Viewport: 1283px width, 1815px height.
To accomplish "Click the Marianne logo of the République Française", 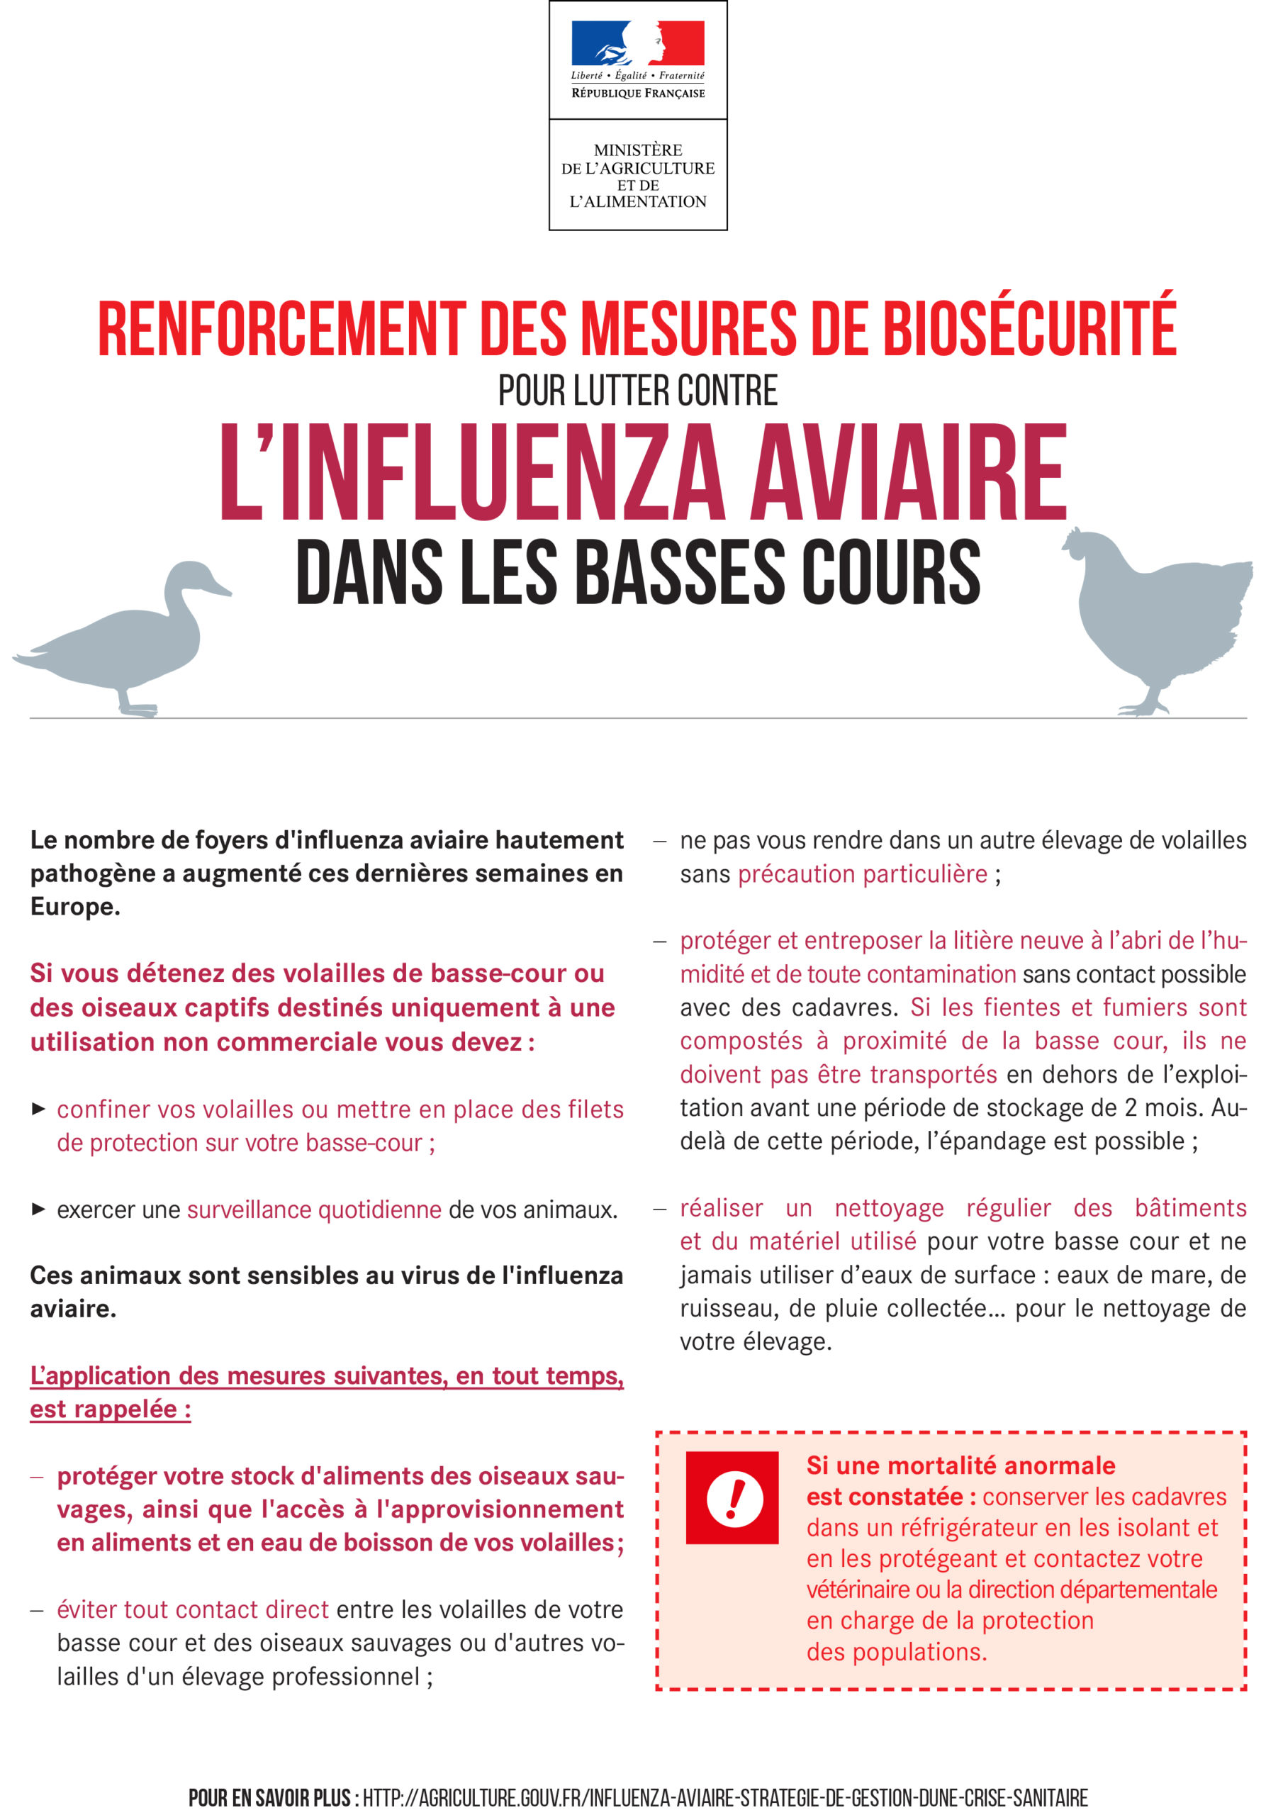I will pyautogui.click(x=637, y=43).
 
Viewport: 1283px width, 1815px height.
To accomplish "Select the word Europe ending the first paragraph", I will pyautogui.click(x=74, y=907).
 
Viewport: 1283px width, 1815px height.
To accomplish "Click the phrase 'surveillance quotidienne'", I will pyautogui.click(x=314, y=1210).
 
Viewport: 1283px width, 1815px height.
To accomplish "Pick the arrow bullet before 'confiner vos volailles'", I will pyautogui.click(x=38, y=1109).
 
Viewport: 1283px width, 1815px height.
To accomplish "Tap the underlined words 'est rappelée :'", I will pyautogui.click(x=110, y=1409).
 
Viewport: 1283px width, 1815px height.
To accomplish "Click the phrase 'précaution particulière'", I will pyautogui.click(x=863, y=874).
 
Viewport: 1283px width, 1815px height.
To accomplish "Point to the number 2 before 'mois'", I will pyautogui.click(x=1131, y=1107).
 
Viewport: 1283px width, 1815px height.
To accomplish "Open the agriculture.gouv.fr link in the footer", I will pyautogui.click(x=725, y=1797).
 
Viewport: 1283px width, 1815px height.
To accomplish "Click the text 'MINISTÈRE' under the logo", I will pyautogui.click(x=637, y=150).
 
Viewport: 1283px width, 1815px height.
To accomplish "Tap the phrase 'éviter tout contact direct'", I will pyautogui.click(x=192, y=1609).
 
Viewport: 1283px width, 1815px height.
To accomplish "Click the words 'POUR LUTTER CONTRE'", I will pyautogui.click(x=637, y=391).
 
